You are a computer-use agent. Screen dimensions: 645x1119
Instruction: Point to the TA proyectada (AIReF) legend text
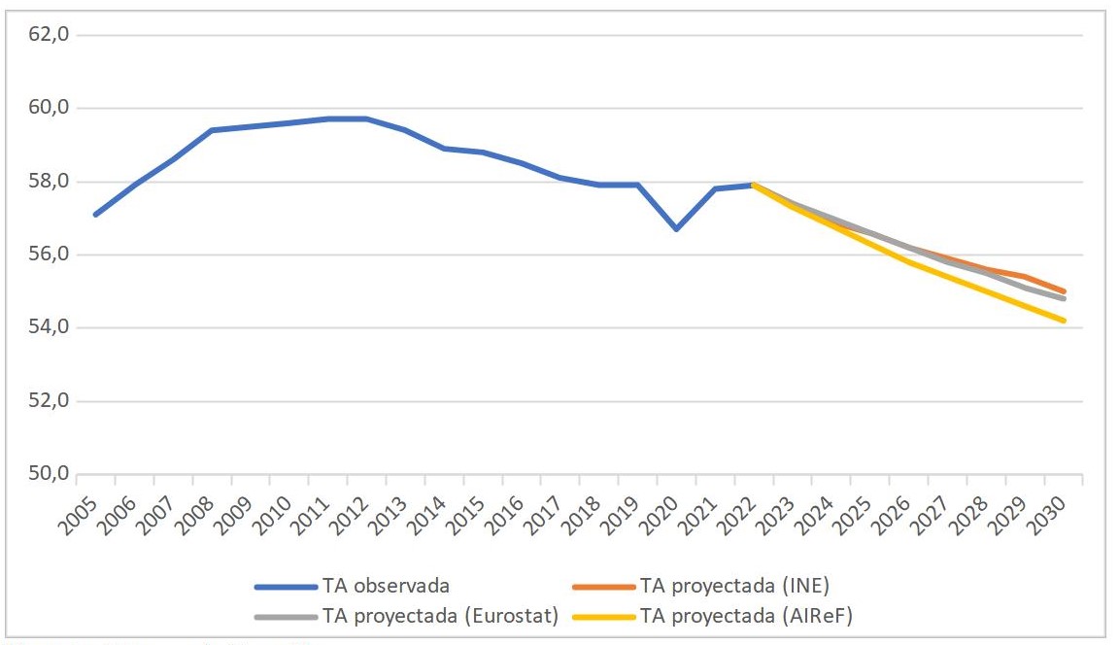746,616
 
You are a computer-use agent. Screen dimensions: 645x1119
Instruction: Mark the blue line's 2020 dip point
676,229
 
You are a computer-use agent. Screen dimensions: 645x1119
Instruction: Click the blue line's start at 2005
95,215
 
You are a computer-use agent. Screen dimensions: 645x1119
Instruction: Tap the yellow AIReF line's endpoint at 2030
1065,321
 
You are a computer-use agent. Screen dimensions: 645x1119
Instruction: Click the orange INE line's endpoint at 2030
1065,291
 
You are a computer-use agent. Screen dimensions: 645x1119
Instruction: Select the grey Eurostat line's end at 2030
1065,299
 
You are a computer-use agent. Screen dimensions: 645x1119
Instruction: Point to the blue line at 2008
212,130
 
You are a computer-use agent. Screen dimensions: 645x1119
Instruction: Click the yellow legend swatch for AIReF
602,616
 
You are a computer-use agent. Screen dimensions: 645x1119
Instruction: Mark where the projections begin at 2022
754,185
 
